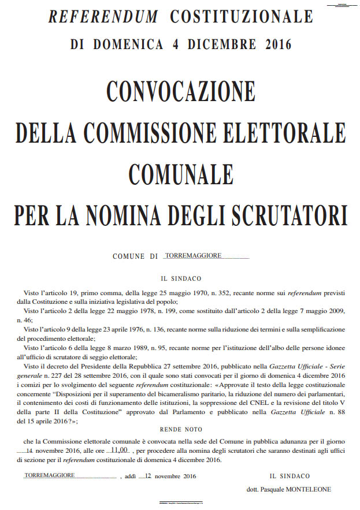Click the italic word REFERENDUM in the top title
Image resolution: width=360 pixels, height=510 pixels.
click(103, 17)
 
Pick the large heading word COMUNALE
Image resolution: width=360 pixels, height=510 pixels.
click(180, 172)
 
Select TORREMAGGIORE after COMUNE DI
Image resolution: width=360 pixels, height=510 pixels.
click(193, 255)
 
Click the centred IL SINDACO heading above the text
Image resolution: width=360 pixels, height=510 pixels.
click(181, 278)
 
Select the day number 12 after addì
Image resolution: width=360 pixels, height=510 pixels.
click(148, 476)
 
